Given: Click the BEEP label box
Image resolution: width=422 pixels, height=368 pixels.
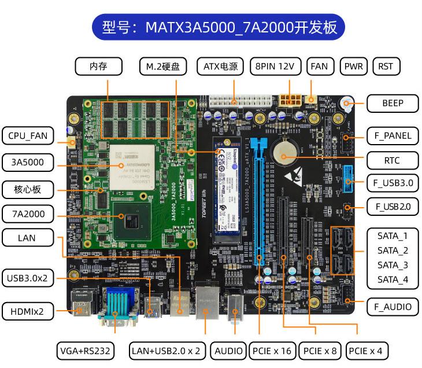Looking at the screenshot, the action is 392,104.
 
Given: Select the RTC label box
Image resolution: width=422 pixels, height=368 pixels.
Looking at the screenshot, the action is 392,160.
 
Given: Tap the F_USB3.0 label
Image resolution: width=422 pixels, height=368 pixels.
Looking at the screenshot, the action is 392,183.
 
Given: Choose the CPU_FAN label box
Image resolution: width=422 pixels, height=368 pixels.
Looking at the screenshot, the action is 27,137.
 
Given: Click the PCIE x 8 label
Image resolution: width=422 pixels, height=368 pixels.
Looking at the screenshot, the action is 320,351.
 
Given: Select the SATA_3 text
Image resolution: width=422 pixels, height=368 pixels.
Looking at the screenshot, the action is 393,265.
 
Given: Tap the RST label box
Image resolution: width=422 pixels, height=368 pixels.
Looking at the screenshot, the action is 386,67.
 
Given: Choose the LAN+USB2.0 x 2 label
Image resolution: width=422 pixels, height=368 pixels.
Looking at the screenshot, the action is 166,351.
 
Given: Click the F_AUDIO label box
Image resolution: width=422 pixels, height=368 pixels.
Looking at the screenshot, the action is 392,307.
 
